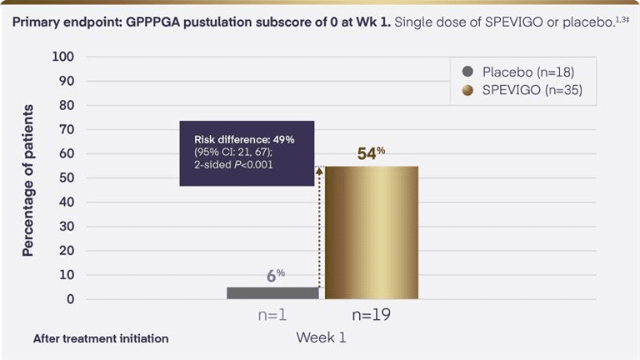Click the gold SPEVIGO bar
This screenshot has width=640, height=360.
pyautogui.click(x=372, y=232)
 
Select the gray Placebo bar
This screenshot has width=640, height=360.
pyautogui.click(x=272, y=292)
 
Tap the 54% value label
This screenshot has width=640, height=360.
pyautogui.click(x=371, y=153)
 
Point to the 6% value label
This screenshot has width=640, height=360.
pyautogui.click(x=276, y=274)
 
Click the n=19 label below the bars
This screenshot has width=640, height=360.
pyautogui.click(x=371, y=316)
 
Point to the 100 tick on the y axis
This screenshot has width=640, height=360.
pyautogui.click(x=63, y=57)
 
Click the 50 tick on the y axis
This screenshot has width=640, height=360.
pyautogui.click(x=66, y=178)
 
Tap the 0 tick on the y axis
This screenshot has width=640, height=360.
pyautogui.click(x=70, y=299)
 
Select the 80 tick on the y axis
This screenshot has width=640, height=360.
pyautogui.click(x=66, y=106)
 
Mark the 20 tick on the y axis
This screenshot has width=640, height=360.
pyautogui.click(x=66, y=251)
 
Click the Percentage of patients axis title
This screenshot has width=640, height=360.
pyautogui.click(x=27, y=180)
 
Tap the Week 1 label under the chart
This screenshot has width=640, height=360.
pyautogui.click(x=321, y=338)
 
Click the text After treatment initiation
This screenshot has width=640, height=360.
pyautogui.click(x=101, y=339)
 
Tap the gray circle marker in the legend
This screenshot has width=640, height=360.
pyautogui.click(x=467, y=72)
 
